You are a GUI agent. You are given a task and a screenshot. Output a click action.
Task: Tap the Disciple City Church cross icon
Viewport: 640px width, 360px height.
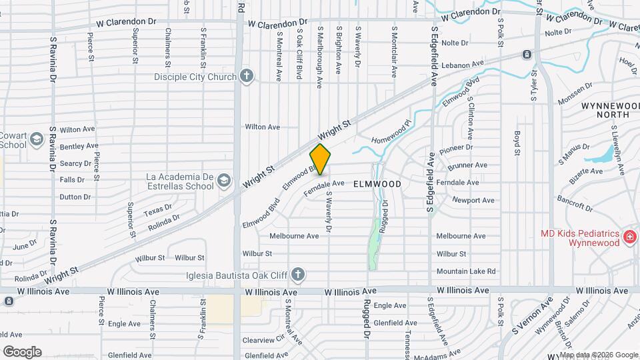pyautogui.click(x=247, y=76)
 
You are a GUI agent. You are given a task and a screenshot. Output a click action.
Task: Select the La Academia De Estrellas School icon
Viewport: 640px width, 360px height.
pyautogui.click(x=225, y=180)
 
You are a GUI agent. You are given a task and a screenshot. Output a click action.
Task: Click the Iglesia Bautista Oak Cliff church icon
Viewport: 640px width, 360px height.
pyautogui.click(x=298, y=274)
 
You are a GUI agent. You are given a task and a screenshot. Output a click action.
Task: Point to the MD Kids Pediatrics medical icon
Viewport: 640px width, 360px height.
pyautogui.click(x=629, y=237)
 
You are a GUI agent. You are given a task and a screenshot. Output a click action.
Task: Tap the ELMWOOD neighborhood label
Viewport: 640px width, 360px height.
pyautogui.click(x=377, y=183)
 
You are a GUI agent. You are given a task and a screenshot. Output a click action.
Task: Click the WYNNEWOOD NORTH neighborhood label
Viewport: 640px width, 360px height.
pyautogui.click(x=605, y=110)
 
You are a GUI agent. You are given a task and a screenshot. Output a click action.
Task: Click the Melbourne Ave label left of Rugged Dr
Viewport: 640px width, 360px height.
pyautogui.click(x=294, y=236)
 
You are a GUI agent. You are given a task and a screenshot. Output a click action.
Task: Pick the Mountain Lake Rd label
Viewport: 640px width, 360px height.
pyautogui.click(x=466, y=271)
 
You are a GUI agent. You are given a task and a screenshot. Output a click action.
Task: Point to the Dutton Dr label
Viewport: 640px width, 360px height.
pyautogui.click(x=75, y=197)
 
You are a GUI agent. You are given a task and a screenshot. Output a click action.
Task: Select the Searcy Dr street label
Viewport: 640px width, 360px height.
pyautogui.click(x=75, y=163)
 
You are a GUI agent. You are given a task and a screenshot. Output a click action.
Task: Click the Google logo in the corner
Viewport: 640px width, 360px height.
pyautogui.click(x=22, y=351)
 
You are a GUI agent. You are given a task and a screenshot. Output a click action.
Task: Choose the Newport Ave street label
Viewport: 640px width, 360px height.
pyautogui.click(x=473, y=200)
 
